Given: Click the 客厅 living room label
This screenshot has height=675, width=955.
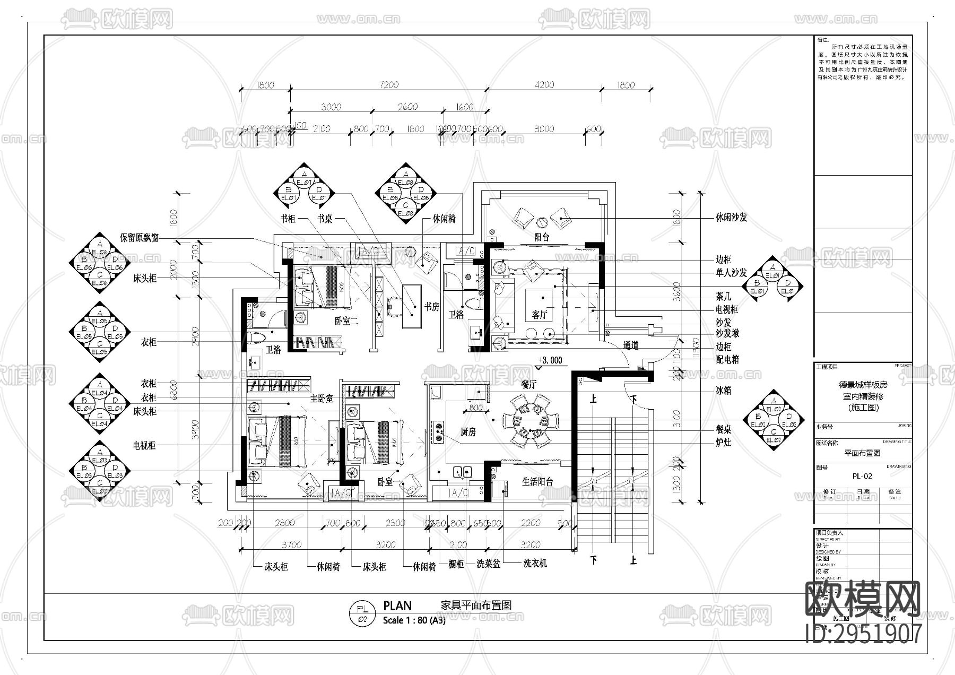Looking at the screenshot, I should (x=539, y=315).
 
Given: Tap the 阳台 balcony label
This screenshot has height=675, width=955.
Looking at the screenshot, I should (x=541, y=238).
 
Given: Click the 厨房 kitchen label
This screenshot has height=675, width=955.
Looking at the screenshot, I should (x=467, y=432).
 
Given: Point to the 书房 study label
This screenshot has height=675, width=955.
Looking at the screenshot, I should (x=431, y=307).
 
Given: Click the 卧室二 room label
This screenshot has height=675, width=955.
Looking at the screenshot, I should (x=346, y=321).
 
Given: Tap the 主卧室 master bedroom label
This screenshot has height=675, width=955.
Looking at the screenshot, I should (x=322, y=398).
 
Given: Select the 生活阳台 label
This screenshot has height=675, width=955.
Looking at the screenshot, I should (x=537, y=482).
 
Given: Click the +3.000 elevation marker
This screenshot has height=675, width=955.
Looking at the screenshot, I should (x=550, y=360).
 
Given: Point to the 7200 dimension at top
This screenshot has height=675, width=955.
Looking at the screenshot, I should (x=389, y=85).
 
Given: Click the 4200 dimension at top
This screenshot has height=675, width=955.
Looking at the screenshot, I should (x=544, y=85).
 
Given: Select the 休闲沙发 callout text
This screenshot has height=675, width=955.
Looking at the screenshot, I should (x=731, y=218).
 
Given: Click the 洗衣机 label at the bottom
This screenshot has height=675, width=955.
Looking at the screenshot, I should (x=534, y=564).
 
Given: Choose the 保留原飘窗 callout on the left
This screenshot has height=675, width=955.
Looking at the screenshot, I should (x=139, y=238).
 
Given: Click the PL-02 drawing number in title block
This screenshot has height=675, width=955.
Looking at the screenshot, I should (x=862, y=476).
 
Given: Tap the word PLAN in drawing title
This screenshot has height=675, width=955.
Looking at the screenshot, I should (x=397, y=605).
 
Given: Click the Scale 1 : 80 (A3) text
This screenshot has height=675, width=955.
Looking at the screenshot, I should (x=414, y=620).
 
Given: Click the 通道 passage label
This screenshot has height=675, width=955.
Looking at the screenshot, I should (x=630, y=346).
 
